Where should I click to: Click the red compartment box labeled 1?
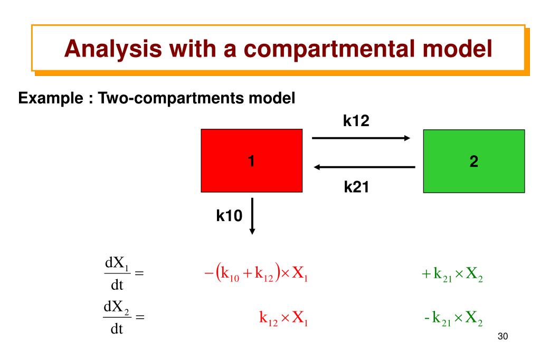click(252, 160)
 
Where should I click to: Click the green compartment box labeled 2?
click(473, 160)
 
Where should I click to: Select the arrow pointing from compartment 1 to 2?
click(361, 138)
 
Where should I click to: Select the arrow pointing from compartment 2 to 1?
click(364, 167)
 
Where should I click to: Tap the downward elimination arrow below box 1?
click(252, 215)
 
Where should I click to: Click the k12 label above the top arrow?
click(356, 121)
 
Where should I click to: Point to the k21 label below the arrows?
click(356, 186)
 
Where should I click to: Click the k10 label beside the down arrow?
click(229, 215)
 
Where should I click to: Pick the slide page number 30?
click(502, 337)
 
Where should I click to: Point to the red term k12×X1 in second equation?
click(283, 318)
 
